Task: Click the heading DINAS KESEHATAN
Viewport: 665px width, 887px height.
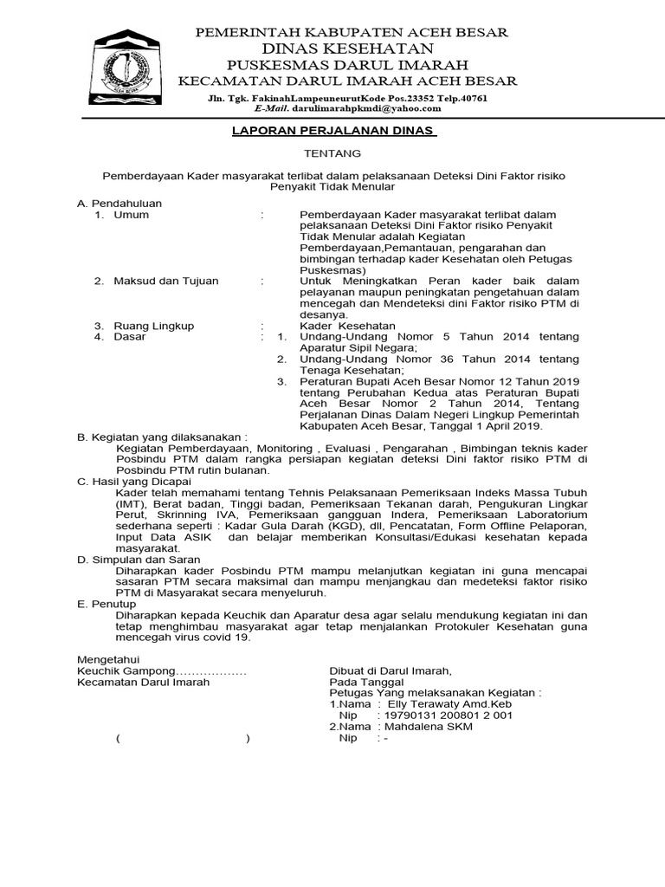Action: (x=351, y=49)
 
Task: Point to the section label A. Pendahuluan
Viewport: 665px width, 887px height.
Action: (x=119, y=203)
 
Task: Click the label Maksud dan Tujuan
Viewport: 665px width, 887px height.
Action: (x=166, y=281)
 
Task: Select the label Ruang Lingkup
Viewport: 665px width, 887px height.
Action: (x=154, y=326)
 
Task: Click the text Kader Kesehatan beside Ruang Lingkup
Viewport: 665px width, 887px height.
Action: (x=347, y=326)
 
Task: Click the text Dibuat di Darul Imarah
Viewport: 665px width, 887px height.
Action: (x=391, y=670)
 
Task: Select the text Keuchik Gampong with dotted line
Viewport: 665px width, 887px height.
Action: (x=162, y=670)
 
